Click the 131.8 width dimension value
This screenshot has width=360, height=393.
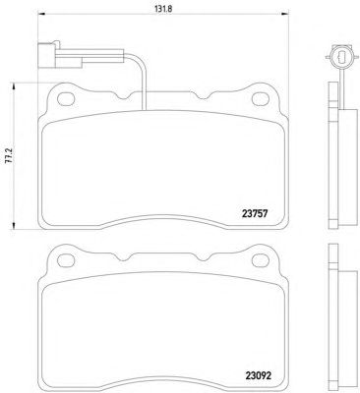[x=163, y=9]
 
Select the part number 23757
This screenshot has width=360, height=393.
[x=255, y=214]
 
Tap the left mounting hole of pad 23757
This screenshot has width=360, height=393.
[x=66, y=98]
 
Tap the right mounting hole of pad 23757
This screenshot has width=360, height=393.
[x=261, y=98]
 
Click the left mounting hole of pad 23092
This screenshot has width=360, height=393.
[x=66, y=260]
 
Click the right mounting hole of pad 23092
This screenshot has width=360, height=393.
[x=261, y=260]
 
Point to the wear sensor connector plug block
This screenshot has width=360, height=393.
[x=47, y=56]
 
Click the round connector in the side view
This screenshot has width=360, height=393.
[x=341, y=57]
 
